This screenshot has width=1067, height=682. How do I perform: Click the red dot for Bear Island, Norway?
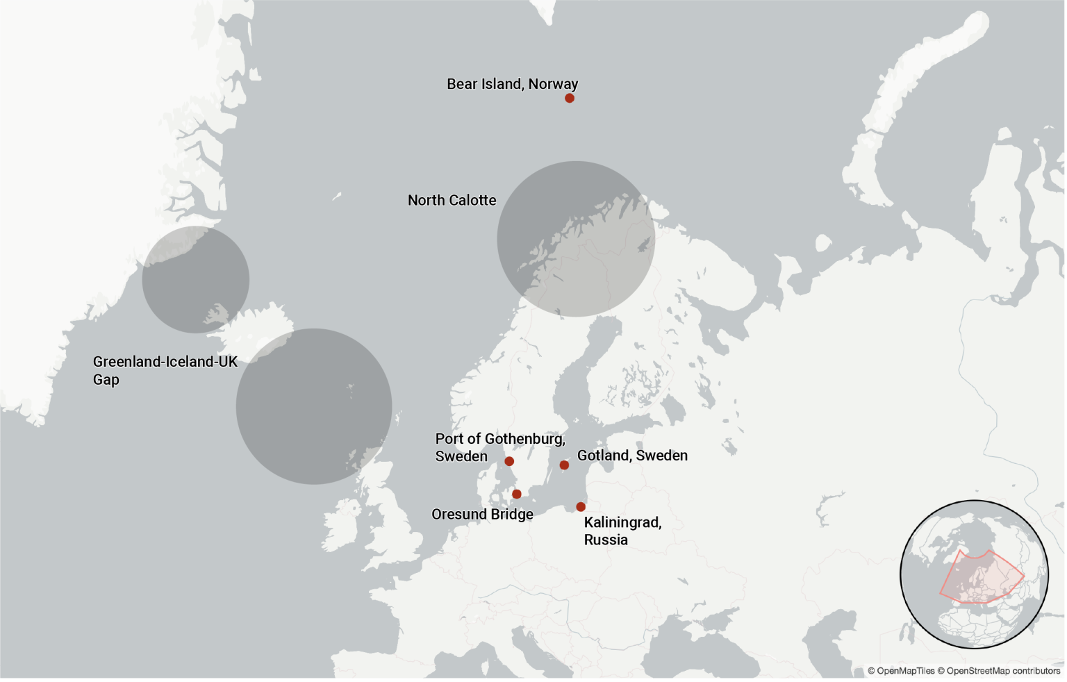click(x=570, y=98)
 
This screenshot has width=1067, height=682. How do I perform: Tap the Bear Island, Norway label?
click(x=512, y=84)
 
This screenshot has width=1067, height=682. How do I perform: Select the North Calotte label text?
click(x=452, y=200)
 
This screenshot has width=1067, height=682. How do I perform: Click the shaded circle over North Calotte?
click(x=576, y=239)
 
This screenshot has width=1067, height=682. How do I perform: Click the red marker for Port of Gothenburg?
click(x=509, y=461)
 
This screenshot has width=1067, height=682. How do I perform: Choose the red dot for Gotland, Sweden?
click(x=564, y=465)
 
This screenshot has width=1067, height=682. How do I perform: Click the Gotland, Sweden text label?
click(x=632, y=456)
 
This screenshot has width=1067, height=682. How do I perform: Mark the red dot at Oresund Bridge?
click(x=517, y=494)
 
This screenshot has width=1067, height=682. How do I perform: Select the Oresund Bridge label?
click(x=482, y=515)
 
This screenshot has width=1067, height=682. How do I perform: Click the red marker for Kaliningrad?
click(x=581, y=507)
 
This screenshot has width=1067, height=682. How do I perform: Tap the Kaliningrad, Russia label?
click(x=622, y=531)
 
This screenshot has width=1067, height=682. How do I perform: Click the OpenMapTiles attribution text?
click(x=901, y=671)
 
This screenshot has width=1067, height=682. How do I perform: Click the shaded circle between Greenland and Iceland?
click(x=195, y=279)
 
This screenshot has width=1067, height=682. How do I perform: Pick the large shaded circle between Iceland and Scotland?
click(x=314, y=406)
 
